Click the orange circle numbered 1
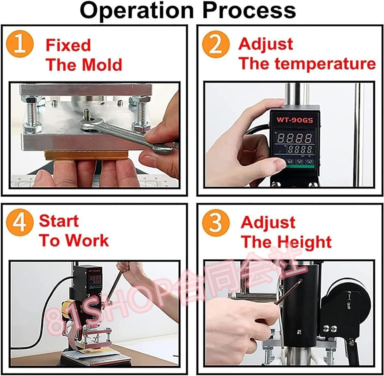click(20, 44)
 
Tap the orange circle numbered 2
click(216, 44)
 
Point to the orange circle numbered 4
click(20, 223)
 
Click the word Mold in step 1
click(102, 65)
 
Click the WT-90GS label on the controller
click(295, 120)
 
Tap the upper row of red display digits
click(295, 138)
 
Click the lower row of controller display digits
click(300, 149)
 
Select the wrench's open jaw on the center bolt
click(89, 124)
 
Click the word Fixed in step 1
click(68, 45)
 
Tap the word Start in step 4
click(59, 221)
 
